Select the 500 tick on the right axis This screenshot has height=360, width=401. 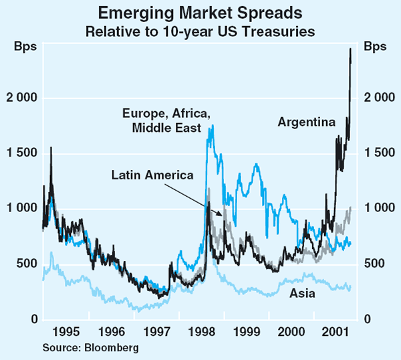pyautogui.click(x=375, y=264)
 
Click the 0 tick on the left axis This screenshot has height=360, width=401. pyautogui.click(x=30, y=320)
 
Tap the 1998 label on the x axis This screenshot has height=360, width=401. pyautogui.click(x=201, y=331)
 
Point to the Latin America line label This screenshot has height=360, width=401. pyautogui.click(x=152, y=175)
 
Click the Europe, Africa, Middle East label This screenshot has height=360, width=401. pyautogui.click(x=162, y=121)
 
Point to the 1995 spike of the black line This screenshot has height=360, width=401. pyautogui.click(x=51, y=147)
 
